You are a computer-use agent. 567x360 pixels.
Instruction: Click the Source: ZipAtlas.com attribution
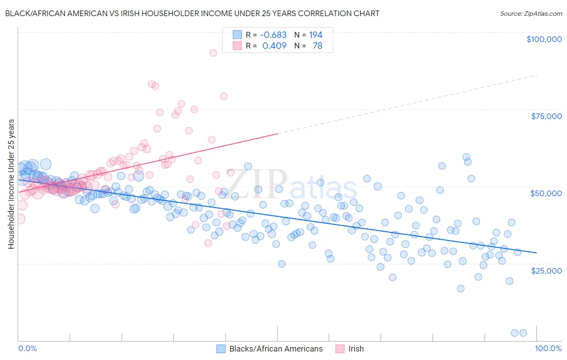click(x=531, y=13)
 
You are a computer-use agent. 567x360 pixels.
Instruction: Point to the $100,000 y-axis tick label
click(x=544, y=39)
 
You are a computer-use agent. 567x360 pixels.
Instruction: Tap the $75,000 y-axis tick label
click(x=546, y=116)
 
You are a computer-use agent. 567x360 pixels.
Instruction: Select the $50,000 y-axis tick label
click(x=546, y=193)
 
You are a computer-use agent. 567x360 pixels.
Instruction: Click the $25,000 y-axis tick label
click(x=546, y=270)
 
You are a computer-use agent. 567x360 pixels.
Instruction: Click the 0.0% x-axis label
click(x=27, y=348)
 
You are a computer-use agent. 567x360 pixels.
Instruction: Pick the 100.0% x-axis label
click(x=548, y=348)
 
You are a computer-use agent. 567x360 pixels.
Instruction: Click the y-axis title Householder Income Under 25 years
click(x=11, y=184)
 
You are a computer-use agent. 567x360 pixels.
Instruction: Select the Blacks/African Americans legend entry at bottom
click(x=276, y=349)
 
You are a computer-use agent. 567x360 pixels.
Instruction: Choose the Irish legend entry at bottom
click(x=356, y=349)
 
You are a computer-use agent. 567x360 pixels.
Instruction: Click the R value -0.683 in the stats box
click(x=273, y=35)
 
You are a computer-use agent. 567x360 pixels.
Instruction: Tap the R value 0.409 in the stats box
click(x=274, y=46)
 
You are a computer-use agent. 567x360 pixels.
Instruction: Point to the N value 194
click(x=316, y=35)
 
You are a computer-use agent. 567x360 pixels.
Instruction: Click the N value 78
click(x=317, y=46)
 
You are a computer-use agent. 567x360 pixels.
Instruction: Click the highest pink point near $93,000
click(x=213, y=53)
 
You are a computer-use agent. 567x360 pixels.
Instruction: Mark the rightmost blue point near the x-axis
click(x=523, y=333)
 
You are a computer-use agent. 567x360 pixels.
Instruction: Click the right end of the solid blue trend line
click(x=536, y=253)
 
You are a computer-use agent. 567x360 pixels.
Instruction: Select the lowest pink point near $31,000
click(x=208, y=243)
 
